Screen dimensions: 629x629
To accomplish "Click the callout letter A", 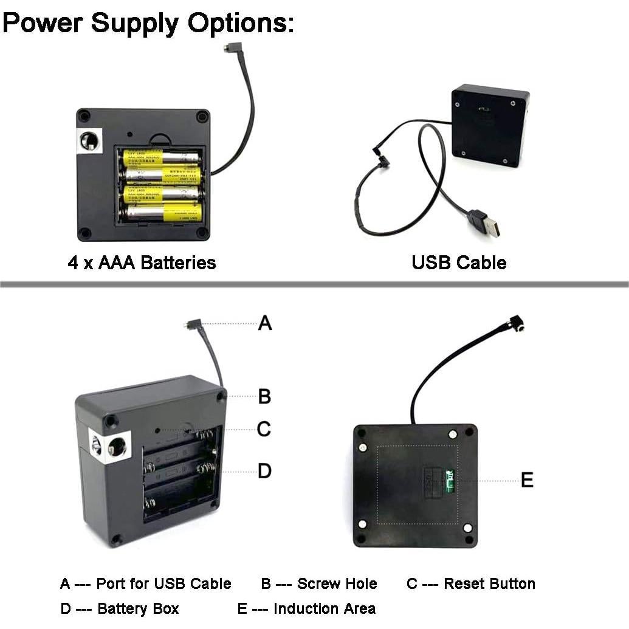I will (265, 323).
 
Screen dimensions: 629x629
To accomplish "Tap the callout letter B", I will (264, 396).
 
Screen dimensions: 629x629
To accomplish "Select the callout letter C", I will (264, 429).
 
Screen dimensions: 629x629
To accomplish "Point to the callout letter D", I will (264, 471).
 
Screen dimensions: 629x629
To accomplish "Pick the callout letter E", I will (527, 480).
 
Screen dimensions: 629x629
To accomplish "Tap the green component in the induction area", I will (450, 479).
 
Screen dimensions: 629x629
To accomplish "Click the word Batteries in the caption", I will (178, 263).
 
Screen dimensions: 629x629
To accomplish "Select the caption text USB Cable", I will (459, 263).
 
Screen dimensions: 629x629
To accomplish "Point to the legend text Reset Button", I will (489, 584).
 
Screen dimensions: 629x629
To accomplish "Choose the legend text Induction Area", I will (325, 608).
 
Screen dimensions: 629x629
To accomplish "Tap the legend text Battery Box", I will (138, 608).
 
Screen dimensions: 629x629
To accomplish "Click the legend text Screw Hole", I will (337, 584).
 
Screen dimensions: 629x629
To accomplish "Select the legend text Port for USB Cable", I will (163, 584).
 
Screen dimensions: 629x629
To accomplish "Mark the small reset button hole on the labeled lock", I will (157, 430).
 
